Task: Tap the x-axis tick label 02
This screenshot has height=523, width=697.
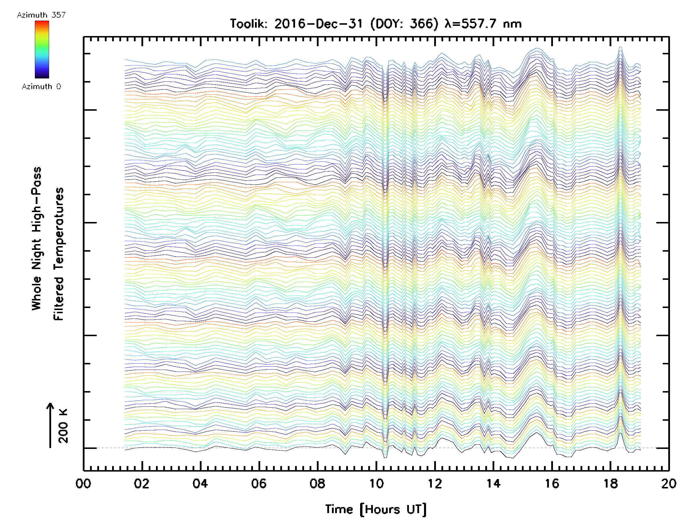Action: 141,483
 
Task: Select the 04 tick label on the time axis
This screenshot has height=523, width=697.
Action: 200,483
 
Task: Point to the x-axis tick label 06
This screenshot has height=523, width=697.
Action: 259,483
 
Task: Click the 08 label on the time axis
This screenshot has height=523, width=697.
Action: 317,483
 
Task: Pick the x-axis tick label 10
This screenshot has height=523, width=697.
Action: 376,483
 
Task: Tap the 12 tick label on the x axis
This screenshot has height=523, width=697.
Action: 434,483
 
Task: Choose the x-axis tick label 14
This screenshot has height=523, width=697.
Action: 493,483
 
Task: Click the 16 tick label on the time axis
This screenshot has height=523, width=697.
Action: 552,483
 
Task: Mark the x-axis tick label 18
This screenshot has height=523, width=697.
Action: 610,483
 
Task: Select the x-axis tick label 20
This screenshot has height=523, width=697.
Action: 668,483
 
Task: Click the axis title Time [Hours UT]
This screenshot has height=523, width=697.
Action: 376,509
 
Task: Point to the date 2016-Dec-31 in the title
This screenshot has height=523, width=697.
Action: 318,24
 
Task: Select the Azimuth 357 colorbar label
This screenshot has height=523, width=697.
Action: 41,15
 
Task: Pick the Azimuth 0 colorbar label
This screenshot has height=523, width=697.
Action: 41,87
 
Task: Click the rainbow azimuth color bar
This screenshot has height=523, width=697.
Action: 42,49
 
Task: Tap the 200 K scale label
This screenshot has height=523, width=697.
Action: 63,426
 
